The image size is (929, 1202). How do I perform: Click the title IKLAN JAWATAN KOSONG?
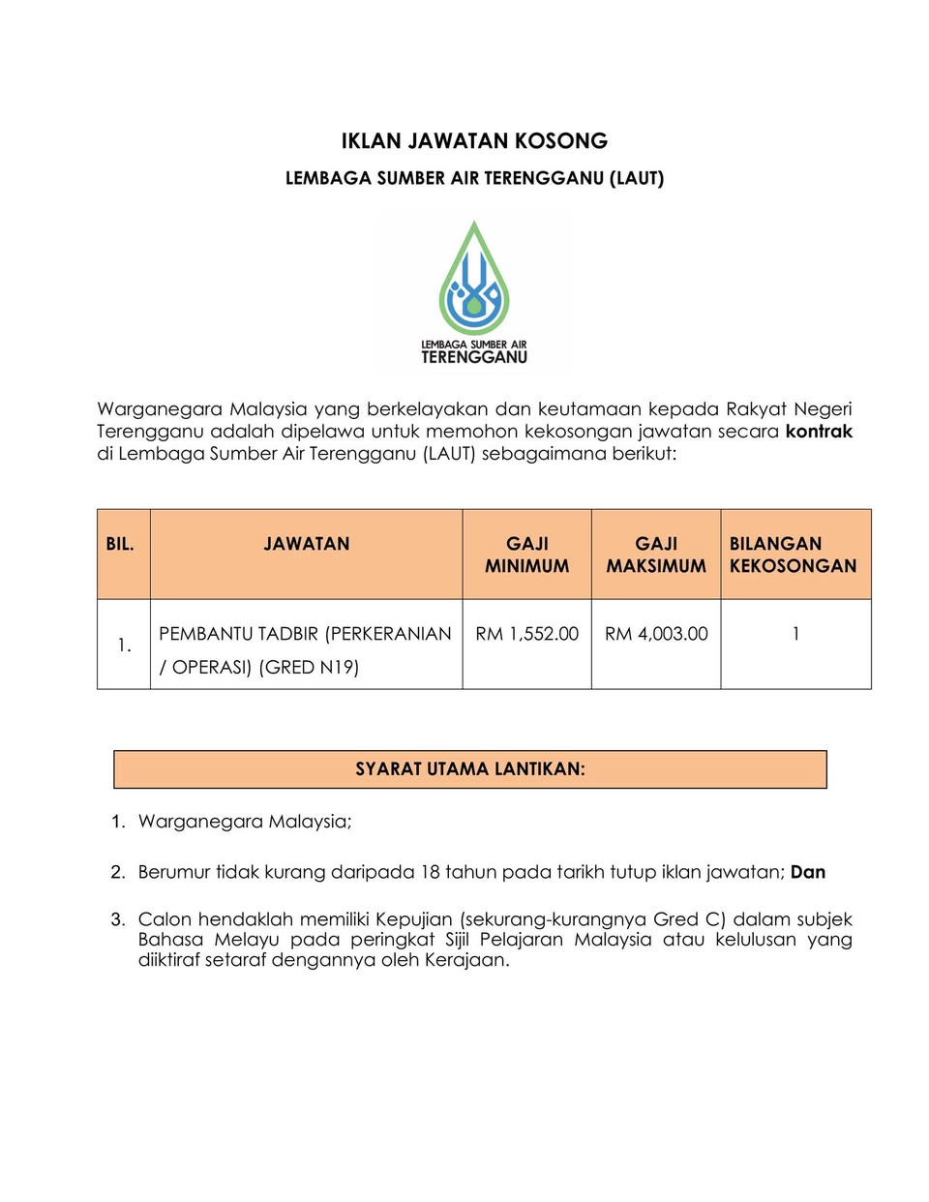pyautogui.click(x=474, y=141)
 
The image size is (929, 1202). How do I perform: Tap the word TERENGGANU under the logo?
pyautogui.click(x=474, y=357)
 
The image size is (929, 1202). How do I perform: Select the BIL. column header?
pyautogui.click(x=120, y=545)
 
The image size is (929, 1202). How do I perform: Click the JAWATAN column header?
pyautogui.click(x=306, y=545)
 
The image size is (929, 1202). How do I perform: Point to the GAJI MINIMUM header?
pyautogui.click(x=526, y=555)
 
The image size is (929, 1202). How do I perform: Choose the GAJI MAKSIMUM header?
pyautogui.click(x=656, y=555)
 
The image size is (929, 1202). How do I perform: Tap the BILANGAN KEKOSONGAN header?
pyautogui.click(x=793, y=555)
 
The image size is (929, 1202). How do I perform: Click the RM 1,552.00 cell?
pyautogui.click(x=526, y=634)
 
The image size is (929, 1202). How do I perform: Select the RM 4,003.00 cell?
pyautogui.click(x=656, y=634)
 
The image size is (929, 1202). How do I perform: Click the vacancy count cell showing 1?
pyautogui.click(x=795, y=634)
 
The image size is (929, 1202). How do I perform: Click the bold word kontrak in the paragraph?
pyautogui.click(x=819, y=432)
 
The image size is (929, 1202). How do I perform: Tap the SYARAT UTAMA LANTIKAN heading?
pyautogui.click(x=470, y=769)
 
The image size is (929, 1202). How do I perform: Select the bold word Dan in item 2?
pyautogui.click(x=808, y=872)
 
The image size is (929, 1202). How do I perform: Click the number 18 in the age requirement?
pyautogui.click(x=431, y=872)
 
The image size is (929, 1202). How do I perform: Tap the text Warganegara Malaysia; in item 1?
pyautogui.click(x=245, y=822)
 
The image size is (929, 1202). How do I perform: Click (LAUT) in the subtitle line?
pyautogui.click(x=637, y=178)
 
